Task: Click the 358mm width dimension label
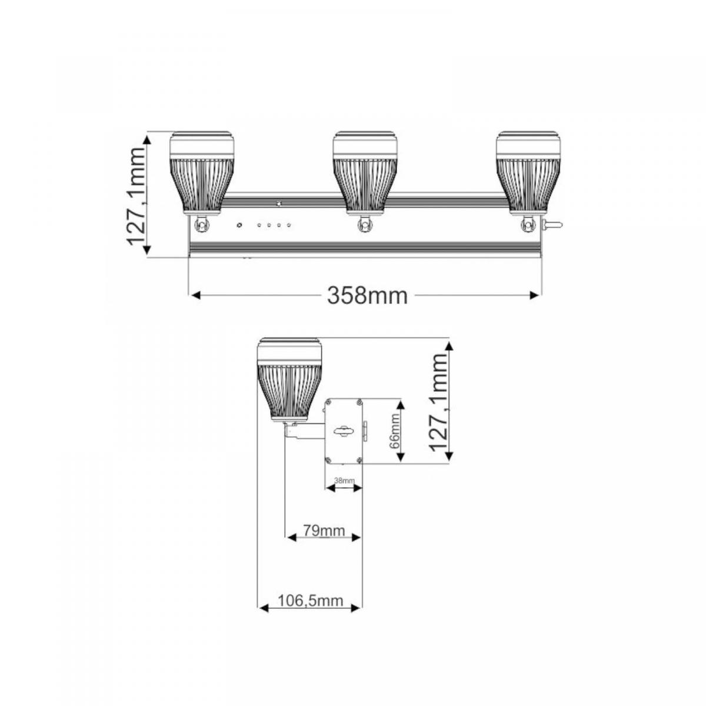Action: (x=367, y=295)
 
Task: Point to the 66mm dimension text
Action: (x=395, y=431)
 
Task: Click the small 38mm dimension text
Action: (x=344, y=481)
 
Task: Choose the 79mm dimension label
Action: (x=324, y=531)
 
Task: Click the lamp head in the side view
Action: (x=289, y=379)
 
